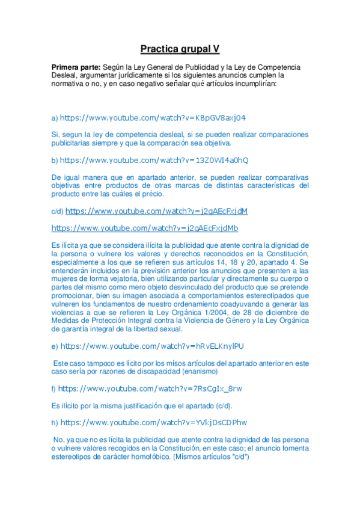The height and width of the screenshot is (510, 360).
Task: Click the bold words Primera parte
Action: (x=76, y=67)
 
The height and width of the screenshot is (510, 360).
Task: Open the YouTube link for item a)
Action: (x=153, y=117)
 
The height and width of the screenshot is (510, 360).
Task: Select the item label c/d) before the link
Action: (x=57, y=212)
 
